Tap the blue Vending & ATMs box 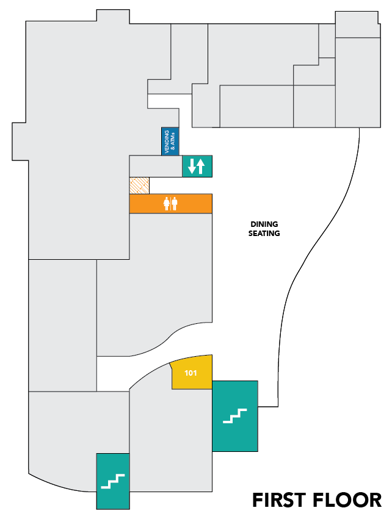[170, 141]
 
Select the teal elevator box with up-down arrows [197, 166]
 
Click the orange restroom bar [170, 204]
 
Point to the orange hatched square [139, 185]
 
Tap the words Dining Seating [264, 229]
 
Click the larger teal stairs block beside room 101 [235, 416]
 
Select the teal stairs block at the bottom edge [113, 481]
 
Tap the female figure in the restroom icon [166, 204]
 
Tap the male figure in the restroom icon [175, 204]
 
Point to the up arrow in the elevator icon [200, 166]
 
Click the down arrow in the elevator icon [192, 166]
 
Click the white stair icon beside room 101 [234, 416]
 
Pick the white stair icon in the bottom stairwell [113, 482]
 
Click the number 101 [191, 373]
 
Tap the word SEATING [264, 233]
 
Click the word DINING [264, 224]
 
